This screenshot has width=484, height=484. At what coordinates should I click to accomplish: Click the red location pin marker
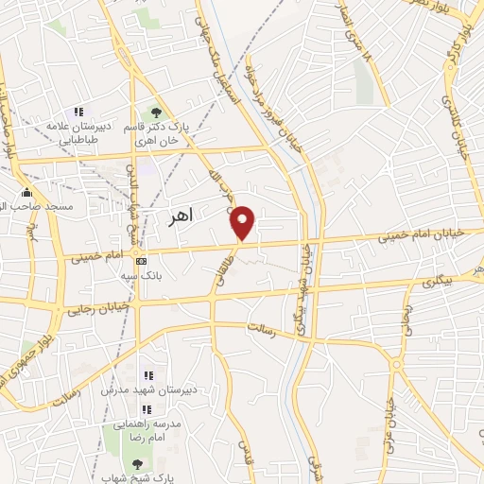[x=243, y=222]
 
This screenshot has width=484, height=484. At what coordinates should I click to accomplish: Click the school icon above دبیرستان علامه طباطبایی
[x=78, y=112]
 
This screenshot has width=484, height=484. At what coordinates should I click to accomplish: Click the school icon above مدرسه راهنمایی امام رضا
[x=147, y=408]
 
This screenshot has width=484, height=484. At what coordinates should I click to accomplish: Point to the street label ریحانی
[x=407, y=320]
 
